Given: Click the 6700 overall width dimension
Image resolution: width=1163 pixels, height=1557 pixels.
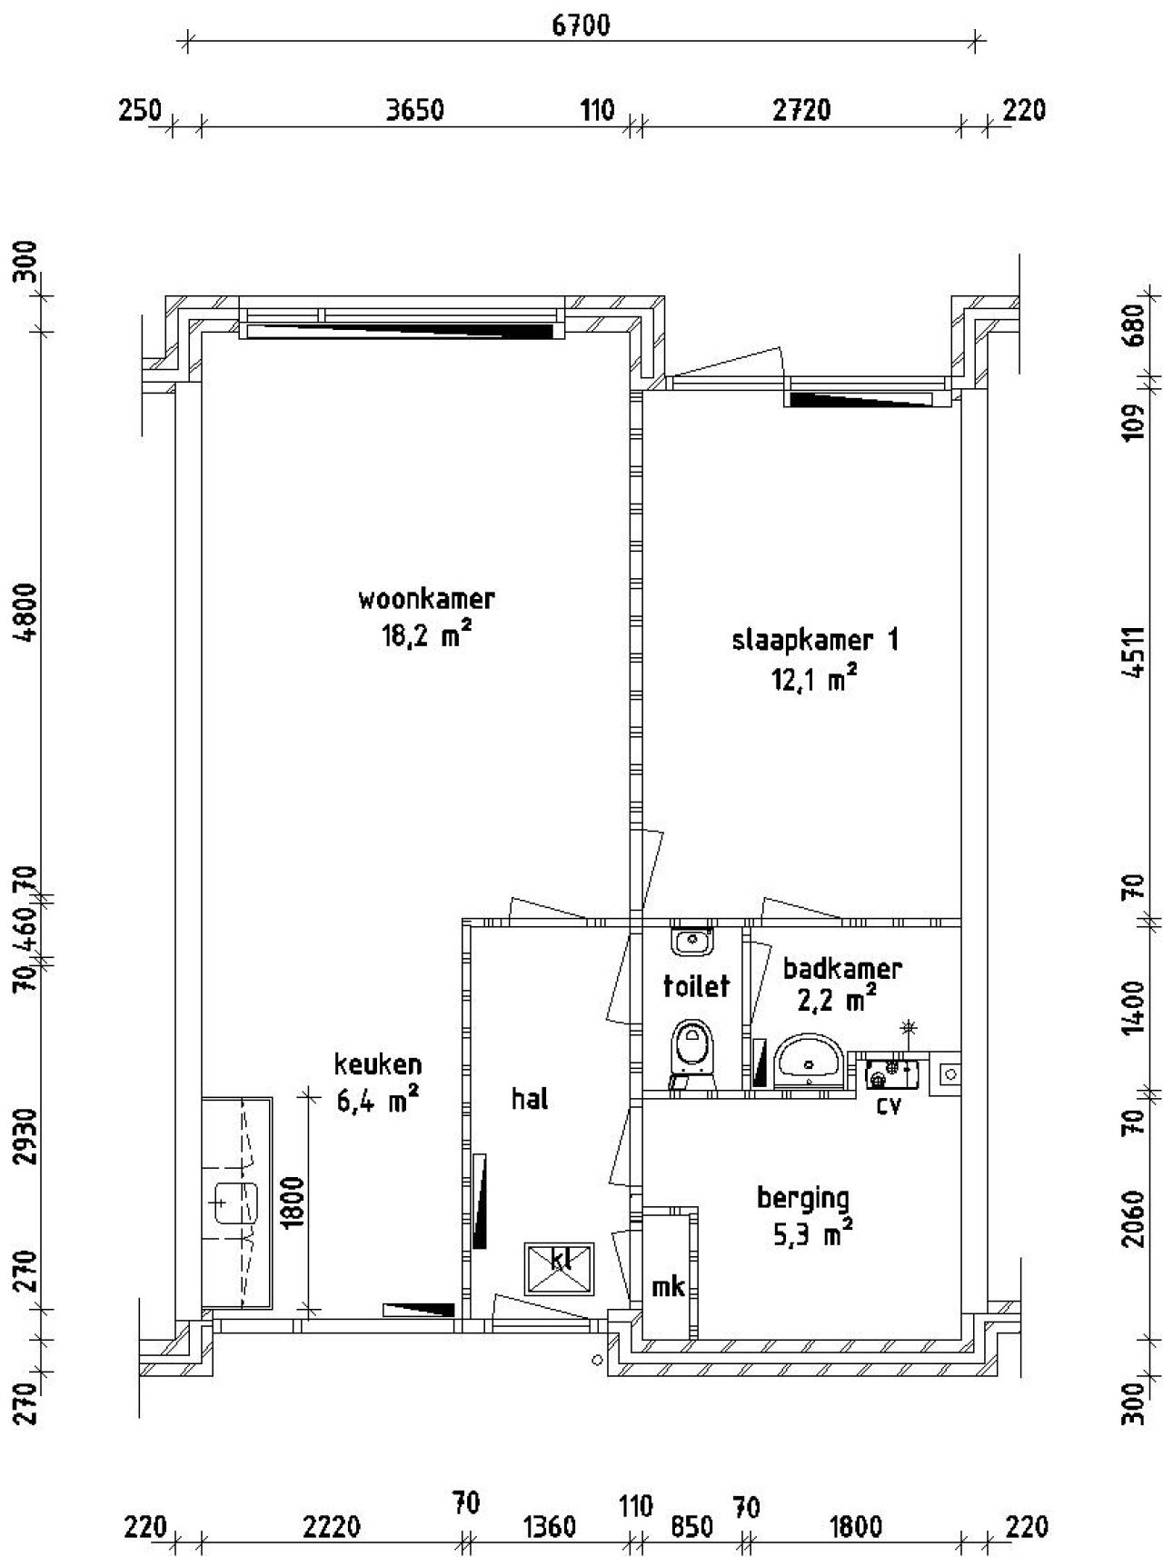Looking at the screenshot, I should pyautogui.click(x=581, y=25).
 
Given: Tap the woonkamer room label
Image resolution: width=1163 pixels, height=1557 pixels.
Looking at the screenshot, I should pyautogui.click(x=426, y=600).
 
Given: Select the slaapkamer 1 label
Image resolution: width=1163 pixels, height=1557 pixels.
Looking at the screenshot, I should pyautogui.click(x=814, y=640).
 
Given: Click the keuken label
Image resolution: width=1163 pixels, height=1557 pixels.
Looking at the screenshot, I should pyautogui.click(x=378, y=1063).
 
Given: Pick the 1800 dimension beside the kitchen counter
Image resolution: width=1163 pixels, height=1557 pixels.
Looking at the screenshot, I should pyautogui.click(x=293, y=1203).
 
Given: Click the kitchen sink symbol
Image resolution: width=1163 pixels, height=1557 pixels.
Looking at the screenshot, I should pyautogui.click(x=235, y=1204).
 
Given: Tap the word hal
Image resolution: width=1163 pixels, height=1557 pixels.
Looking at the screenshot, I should pyautogui.click(x=530, y=1099).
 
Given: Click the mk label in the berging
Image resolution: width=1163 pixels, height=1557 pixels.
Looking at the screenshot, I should pyautogui.click(x=668, y=1287).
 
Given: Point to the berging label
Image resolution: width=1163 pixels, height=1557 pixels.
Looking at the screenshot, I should pyautogui.click(x=803, y=1198).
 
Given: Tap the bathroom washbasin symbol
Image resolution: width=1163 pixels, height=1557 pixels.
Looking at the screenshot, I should pyautogui.click(x=810, y=1060).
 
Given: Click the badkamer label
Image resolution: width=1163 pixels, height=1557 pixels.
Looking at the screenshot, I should pyautogui.click(x=841, y=969).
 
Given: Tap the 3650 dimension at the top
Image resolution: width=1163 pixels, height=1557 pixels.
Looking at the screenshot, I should pyautogui.click(x=414, y=110).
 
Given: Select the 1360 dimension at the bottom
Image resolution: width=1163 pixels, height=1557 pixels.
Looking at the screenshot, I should pyautogui.click(x=551, y=1526).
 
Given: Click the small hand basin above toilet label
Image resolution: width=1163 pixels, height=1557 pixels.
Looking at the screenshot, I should pyautogui.click(x=692, y=941).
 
